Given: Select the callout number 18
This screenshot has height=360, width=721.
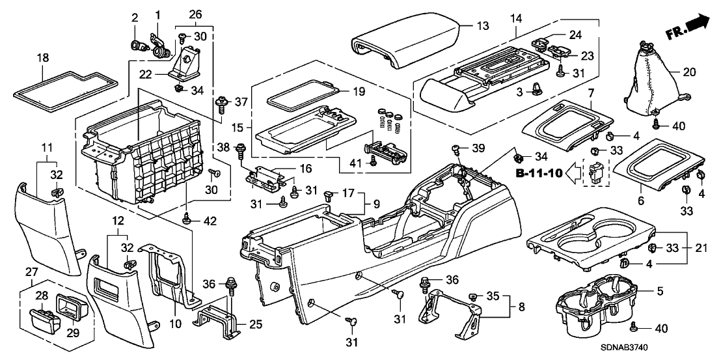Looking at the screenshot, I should [43, 59].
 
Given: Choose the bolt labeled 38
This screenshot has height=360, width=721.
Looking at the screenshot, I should [241, 149].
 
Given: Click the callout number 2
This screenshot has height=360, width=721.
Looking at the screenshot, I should [135, 16].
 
